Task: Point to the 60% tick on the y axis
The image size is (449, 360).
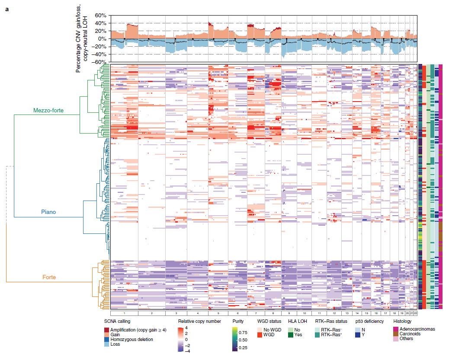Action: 100,15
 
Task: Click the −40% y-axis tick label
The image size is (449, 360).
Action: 99,54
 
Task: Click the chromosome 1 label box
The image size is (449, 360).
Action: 124,313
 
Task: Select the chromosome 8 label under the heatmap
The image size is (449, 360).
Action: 273,313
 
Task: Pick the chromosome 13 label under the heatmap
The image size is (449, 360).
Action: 346,313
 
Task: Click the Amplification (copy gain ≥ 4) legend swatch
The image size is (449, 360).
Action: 107,330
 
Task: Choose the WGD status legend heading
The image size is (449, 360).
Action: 269,322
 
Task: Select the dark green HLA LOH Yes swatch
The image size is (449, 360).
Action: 291,335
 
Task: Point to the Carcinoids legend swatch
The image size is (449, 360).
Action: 396,334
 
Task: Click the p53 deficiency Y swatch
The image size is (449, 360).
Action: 358,335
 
